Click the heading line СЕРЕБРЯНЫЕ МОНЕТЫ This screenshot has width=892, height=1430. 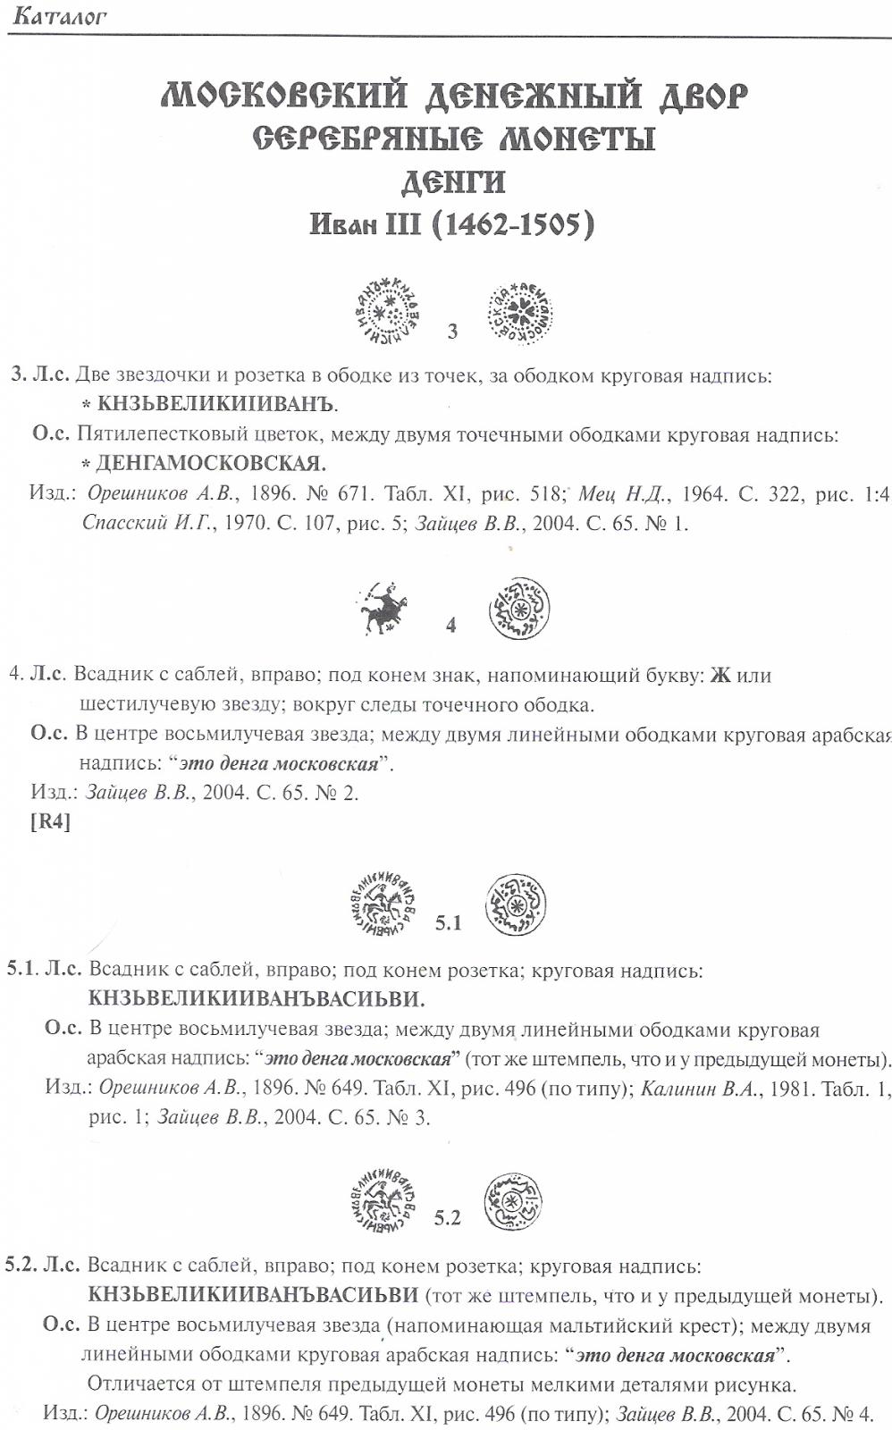(453, 139)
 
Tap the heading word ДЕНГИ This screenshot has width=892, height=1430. (453, 182)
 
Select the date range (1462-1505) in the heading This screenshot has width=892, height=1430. (512, 223)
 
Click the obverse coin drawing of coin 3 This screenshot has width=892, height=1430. (388, 312)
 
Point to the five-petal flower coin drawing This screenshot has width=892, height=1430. (518, 313)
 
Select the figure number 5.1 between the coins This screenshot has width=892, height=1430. (448, 922)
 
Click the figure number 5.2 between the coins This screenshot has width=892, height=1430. (447, 1217)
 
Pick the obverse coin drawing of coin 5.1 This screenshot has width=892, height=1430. (383, 904)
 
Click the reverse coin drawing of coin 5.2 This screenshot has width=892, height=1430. (514, 1202)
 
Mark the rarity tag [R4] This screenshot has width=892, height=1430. (50, 821)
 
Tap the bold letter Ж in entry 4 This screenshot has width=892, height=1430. (720, 676)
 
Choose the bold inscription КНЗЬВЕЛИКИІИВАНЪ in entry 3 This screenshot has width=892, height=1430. (215, 405)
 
